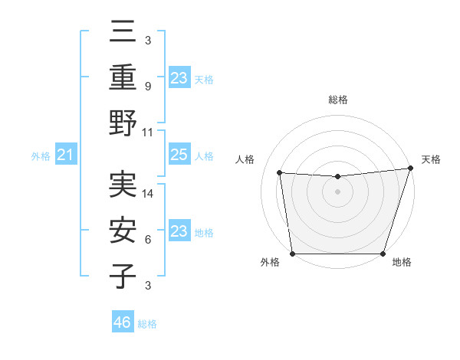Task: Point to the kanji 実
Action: (123, 185)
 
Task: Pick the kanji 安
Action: (123, 231)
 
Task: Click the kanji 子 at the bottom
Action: (123, 276)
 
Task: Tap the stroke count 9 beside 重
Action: (148, 86)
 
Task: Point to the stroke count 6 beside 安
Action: (148, 240)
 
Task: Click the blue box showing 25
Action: (179, 155)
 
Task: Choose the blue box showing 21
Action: (66, 155)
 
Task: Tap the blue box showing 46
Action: (123, 323)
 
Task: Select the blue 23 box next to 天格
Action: (179, 77)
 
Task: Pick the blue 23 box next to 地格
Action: (179, 231)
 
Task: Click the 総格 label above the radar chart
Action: (337, 100)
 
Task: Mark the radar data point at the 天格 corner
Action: (410, 168)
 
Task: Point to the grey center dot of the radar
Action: (337, 191)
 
